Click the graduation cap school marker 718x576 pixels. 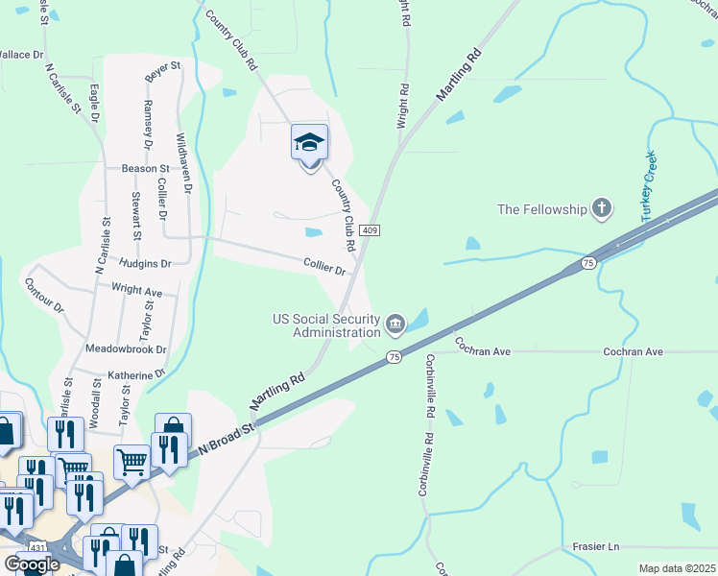coord(309,144)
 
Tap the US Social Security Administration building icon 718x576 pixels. coord(395,325)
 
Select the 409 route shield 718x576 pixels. coord(371,230)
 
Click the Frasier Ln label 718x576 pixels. coord(595,546)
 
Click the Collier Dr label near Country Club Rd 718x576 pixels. coord(324,267)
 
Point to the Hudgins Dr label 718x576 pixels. coord(146,262)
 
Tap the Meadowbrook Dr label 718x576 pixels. coord(126,349)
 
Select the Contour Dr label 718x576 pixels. coord(43,297)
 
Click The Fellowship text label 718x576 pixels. coord(541,209)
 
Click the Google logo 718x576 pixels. coord(33,564)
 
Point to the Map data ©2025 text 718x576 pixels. coord(677,568)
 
